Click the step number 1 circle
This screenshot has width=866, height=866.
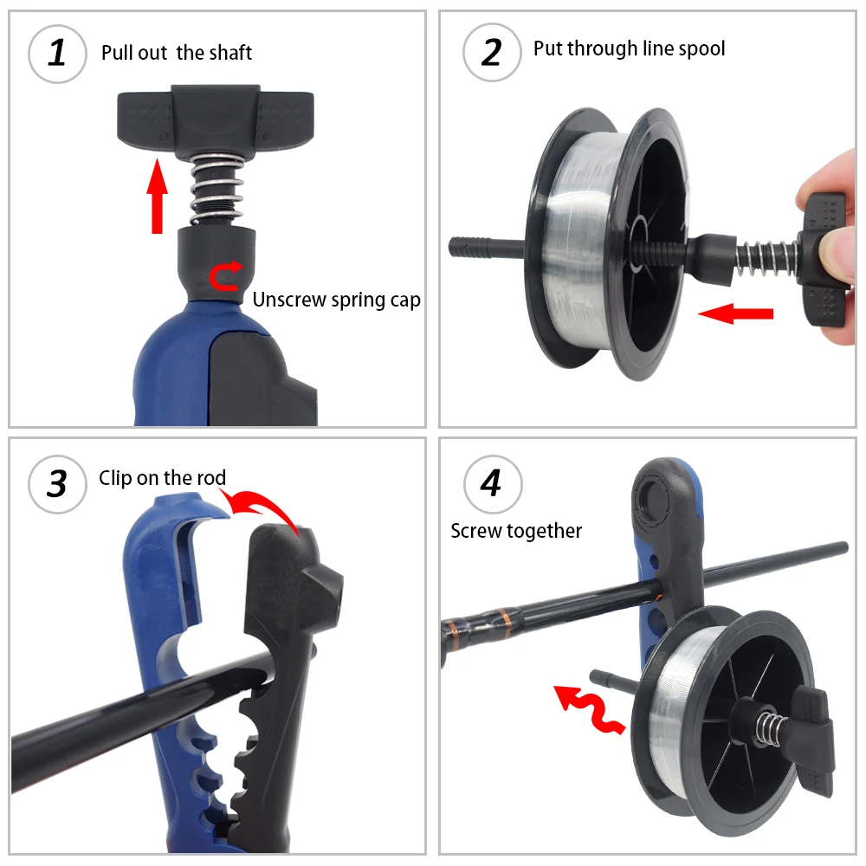coord(57,53)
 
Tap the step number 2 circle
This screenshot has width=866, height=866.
coord(492,53)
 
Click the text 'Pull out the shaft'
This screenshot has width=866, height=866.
coord(177,53)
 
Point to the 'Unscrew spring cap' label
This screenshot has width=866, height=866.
coord(337,301)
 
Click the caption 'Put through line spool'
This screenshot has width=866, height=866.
coord(629,48)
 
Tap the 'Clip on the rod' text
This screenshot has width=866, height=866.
coord(162,478)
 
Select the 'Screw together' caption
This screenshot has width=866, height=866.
coord(516,531)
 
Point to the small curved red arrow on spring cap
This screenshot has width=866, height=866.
coord(226,277)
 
